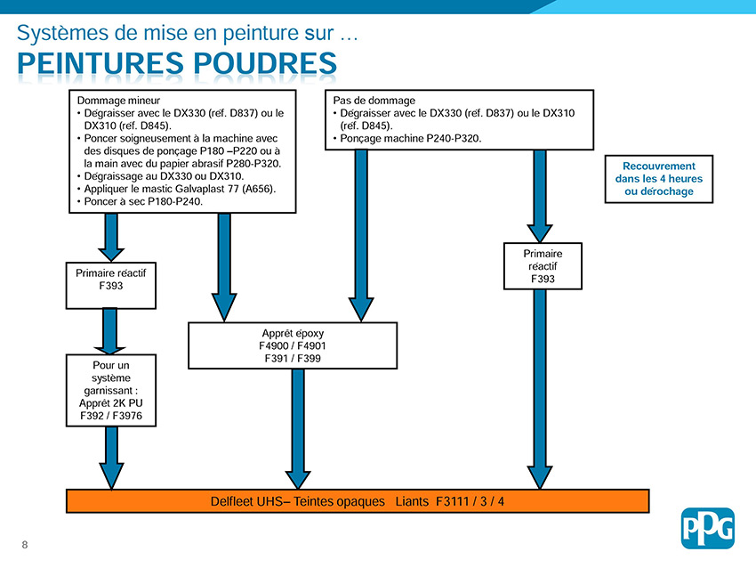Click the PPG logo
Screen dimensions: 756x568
(x=707, y=528)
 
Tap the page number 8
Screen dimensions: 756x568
(x=25, y=545)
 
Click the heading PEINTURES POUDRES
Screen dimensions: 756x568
(x=177, y=63)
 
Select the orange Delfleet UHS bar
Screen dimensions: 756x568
(x=358, y=501)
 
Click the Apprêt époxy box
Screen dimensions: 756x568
(x=293, y=345)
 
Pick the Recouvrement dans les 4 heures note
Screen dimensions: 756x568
(x=658, y=179)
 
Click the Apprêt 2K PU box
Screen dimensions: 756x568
(x=111, y=391)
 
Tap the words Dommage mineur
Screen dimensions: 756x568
(x=118, y=101)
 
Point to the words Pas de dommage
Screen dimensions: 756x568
(x=374, y=101)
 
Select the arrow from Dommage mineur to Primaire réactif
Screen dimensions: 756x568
(x=111, y=237)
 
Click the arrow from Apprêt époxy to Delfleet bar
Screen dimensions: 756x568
(x=298, y=429)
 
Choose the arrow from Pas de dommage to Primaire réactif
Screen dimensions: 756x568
(x=540, y=196)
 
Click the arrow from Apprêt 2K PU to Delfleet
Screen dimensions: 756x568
(x=111, y=458)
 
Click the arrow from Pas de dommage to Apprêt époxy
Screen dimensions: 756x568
(x=361, y=236)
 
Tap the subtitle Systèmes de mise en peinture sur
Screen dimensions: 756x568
(x=175, y=33)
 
